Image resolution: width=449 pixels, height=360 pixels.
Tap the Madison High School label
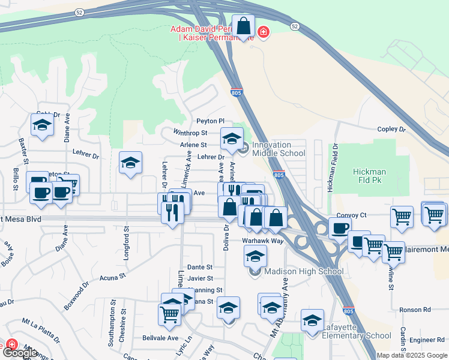[x=304, y=271]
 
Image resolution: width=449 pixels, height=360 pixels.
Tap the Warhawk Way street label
[x=262, y=240]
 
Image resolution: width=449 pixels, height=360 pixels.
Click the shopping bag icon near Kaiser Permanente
[x=243, y=26]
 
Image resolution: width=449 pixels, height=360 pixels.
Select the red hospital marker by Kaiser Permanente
[x=262, y=31]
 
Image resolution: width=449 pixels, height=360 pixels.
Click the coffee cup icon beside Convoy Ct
[x=339, y=228]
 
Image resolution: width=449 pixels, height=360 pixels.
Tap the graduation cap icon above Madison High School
[x=255, y=256]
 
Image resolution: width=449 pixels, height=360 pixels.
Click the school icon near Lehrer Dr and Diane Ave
[x=130, y=163]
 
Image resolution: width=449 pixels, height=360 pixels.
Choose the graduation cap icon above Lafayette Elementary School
[x=312, y=321]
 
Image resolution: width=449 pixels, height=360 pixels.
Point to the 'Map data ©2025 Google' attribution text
[x=411, y=355]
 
